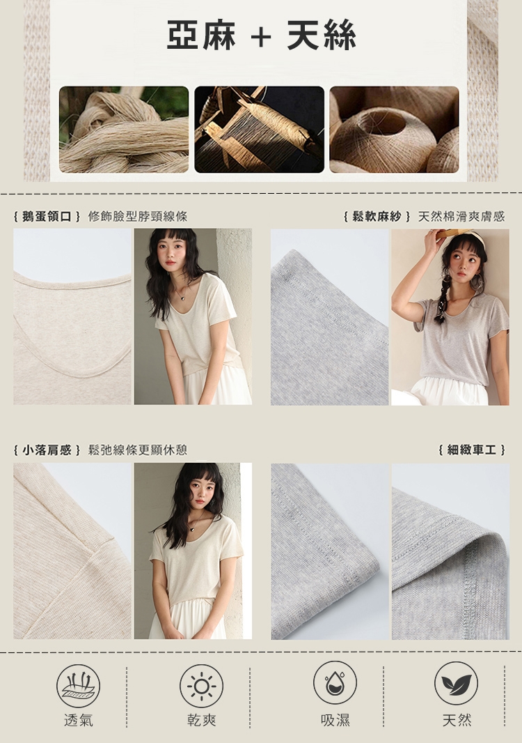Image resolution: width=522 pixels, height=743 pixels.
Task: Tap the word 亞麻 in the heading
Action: [x=201, y=35]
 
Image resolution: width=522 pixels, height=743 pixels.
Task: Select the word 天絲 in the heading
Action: [x=322, y=35]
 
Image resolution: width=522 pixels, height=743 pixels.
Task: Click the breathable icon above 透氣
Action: [x=78, y=686]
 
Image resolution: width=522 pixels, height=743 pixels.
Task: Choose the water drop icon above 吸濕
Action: [x=335, y=683]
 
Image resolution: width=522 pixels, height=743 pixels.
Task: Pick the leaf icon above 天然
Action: [x=456, y=683]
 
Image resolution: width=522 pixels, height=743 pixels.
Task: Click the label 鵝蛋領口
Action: [x=47, y=217]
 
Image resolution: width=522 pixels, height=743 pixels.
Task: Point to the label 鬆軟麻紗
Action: [x=377, y=217]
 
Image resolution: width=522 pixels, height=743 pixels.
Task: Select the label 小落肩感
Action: [x=47, y=450]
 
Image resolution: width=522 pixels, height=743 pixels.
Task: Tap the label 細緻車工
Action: [x=472, y=450]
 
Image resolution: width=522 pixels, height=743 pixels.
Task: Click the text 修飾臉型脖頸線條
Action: [x=138, y=217]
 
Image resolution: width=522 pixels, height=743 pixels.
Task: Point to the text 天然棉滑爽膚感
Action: [x=461, y=217]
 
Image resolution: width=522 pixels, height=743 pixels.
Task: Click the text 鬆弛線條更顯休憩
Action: [x=138, y=450]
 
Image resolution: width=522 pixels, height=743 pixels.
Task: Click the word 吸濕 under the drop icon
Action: [x=335, y=720]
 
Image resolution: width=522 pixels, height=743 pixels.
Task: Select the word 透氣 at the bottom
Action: [x=79, y=720]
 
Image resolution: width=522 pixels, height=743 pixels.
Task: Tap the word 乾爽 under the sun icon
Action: [x=202, y=720]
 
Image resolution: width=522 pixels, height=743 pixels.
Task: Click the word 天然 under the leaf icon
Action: [x=457, y=720]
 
